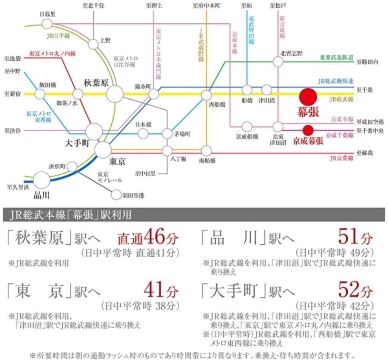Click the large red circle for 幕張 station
tap(309, 96)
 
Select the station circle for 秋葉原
tap(115, 94)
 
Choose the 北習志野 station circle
tap(278, 62)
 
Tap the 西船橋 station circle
tap(207, 95)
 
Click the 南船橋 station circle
tap(207, 151)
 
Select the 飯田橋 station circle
tap(40, 94)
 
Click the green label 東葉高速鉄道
tap(336, 57)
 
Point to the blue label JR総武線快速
tap(335, 81)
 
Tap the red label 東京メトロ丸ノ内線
tap(52, 54)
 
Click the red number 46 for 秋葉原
tap(154, 237)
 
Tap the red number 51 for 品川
tap(349, 237)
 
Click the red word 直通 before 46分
tap(130, 239)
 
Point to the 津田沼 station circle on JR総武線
tap(266, 90)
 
